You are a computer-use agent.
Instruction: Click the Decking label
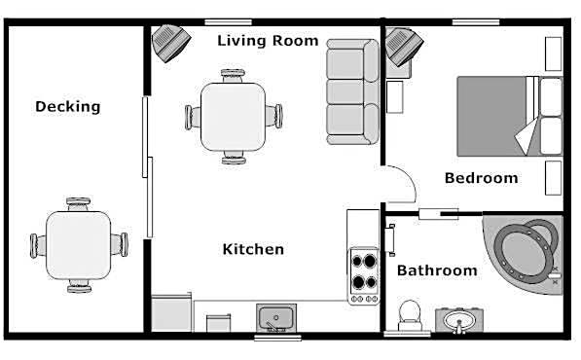[68, 107]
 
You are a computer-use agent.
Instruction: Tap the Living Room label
[268, 40]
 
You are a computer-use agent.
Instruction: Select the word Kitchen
[253, 249]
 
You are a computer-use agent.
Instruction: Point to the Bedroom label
[482, 178]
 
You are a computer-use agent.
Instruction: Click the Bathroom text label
[437, 270]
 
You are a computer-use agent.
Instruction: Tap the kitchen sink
[276, 318]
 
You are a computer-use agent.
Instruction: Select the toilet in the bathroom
[410, 315]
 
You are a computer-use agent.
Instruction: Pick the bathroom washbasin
[459, 320]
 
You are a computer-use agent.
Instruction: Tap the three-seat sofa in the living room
[352, 91]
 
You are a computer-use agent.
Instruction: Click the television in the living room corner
[170, 43]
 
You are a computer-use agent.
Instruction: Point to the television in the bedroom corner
[403, 47]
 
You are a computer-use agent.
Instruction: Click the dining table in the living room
[233, 117]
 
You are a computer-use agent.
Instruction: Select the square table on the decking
[79, 245]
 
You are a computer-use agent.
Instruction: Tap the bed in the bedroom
[510, 116]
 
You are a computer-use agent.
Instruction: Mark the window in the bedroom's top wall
[476, 22]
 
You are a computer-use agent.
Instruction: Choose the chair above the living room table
[233, 76]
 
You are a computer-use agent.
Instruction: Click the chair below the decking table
[79, 286]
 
